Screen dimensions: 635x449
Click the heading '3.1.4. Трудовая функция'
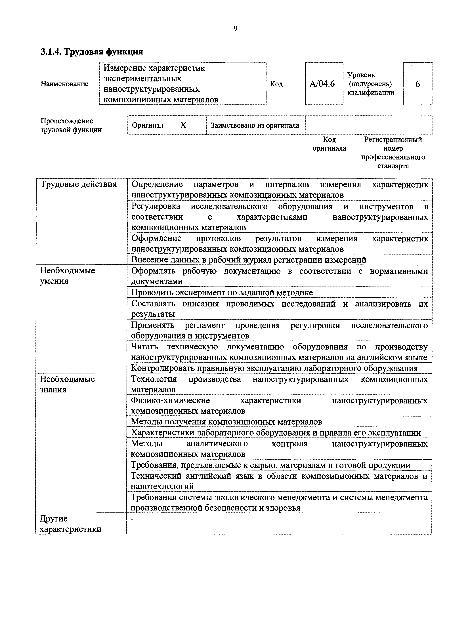92,52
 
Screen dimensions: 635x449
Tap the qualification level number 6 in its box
417,84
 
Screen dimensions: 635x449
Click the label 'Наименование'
64,84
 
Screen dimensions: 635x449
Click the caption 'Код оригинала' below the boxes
329,144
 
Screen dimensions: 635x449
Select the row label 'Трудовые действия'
79,184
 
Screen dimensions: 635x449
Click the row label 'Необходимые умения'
68,276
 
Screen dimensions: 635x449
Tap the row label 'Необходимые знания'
67,384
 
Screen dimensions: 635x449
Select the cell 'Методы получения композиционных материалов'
226,422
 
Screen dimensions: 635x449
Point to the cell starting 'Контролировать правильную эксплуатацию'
274,368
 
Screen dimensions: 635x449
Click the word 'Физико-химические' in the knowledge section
170,400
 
